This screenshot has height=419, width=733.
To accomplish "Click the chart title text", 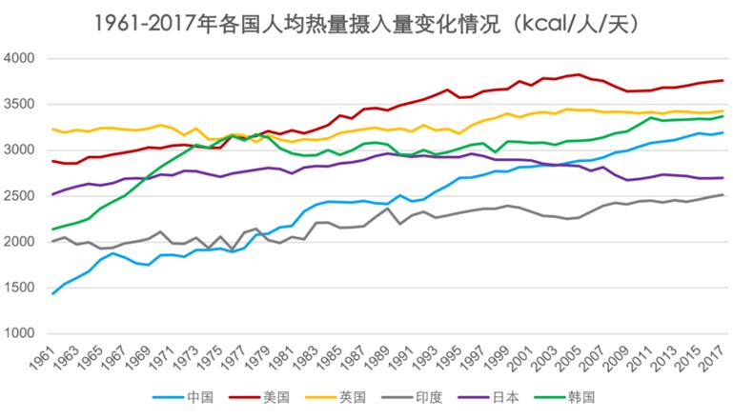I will click(x=366, y=22).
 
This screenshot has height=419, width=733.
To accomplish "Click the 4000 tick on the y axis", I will click(x=20, y=59).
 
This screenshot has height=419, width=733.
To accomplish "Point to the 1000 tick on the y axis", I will click(x=20, y=333).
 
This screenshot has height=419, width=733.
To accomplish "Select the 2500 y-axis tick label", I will click(x=20, y=196).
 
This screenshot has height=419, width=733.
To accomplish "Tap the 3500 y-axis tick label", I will click(x=20, y=105).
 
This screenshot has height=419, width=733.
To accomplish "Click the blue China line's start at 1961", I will click(x=51, y=293).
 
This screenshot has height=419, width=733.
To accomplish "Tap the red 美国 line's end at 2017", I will click(x=723, y=80).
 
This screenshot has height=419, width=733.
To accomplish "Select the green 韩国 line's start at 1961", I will click(x=51, y=229).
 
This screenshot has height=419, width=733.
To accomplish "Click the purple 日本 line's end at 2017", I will click(x=723, y=178).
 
